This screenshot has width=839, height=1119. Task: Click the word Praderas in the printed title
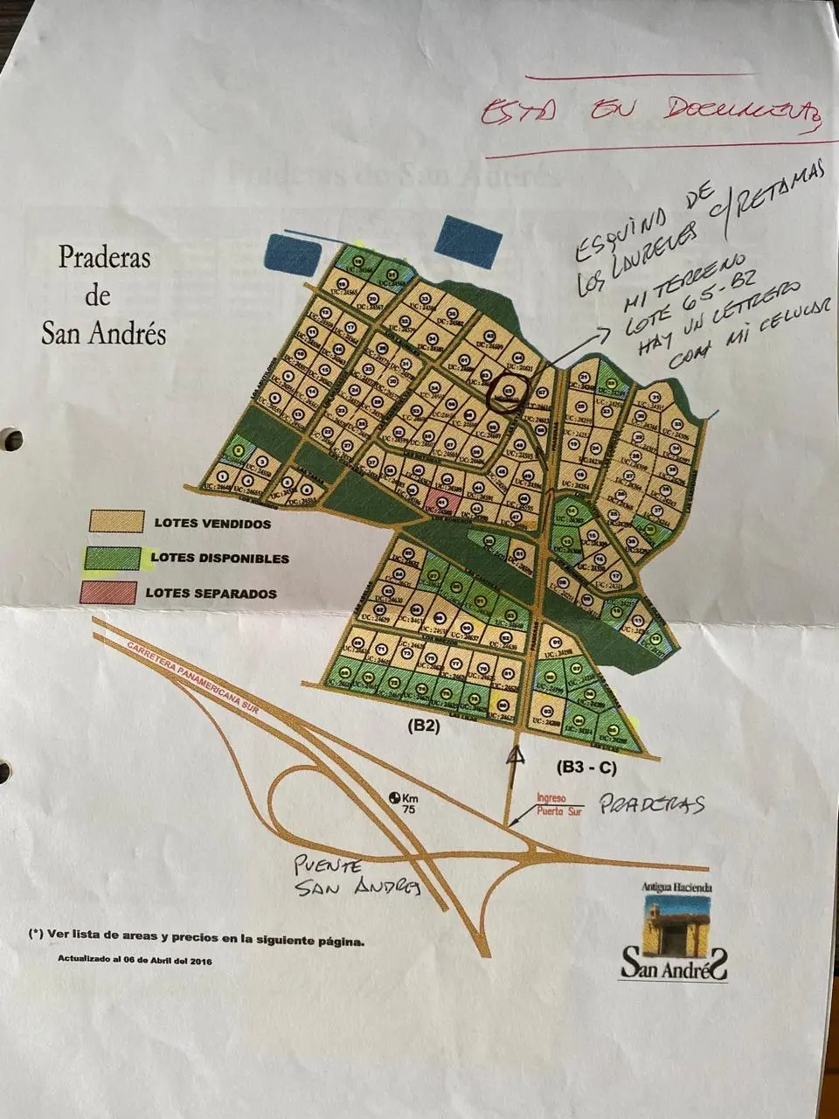(104, 258)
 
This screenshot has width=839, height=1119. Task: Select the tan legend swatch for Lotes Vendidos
(115, 522)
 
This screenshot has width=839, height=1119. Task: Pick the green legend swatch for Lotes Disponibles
(111, 558)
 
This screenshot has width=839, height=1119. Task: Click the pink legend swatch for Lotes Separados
(108, 592)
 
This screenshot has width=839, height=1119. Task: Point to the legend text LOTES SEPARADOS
(211, 593)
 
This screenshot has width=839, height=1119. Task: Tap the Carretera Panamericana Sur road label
(185, 669)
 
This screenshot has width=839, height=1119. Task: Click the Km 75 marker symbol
(394, 798)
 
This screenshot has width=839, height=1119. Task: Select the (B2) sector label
(423, 725)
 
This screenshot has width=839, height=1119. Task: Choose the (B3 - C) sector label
(587, 767)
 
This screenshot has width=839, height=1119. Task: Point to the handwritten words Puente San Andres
(354, 877)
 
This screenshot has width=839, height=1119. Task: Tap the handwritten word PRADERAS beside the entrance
(652, 805)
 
